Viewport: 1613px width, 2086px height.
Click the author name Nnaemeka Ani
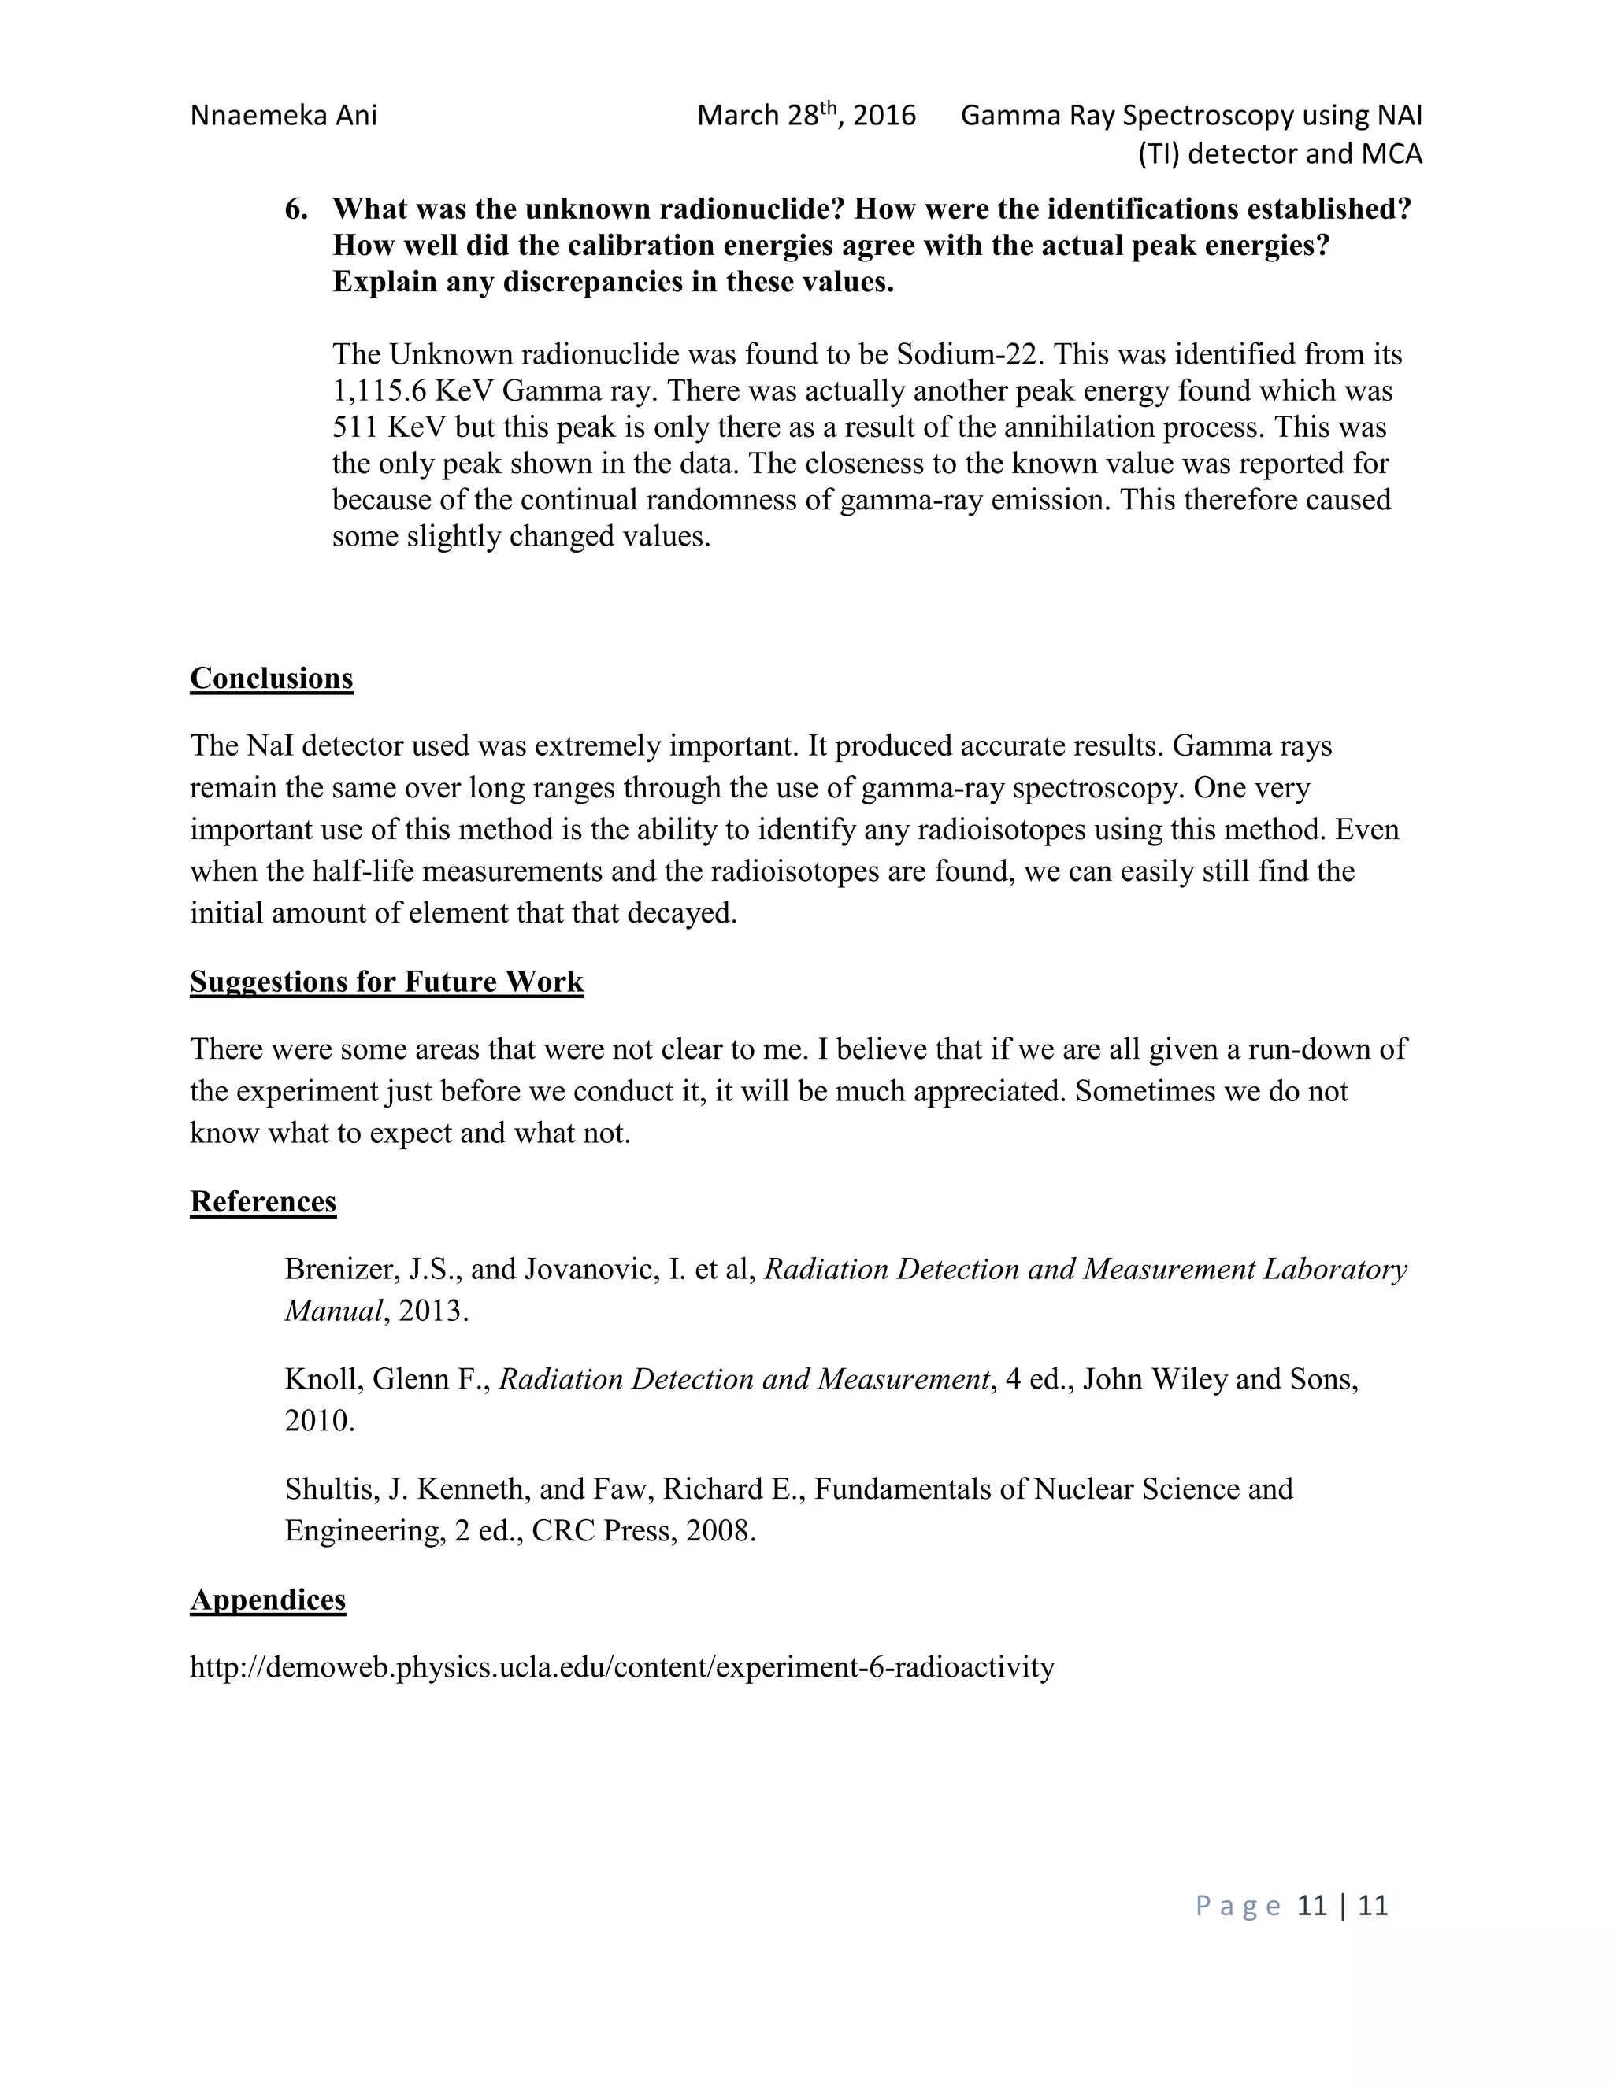284,116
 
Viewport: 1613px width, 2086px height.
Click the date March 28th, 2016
806,116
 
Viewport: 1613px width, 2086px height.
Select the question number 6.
295,209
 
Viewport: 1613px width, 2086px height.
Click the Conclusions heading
272,678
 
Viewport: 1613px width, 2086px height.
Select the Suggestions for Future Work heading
386,982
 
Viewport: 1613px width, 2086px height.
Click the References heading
263,1201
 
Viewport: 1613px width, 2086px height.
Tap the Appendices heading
268,1600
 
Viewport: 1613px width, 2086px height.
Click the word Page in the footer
1237,1907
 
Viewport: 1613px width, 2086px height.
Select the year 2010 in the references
319,1420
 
